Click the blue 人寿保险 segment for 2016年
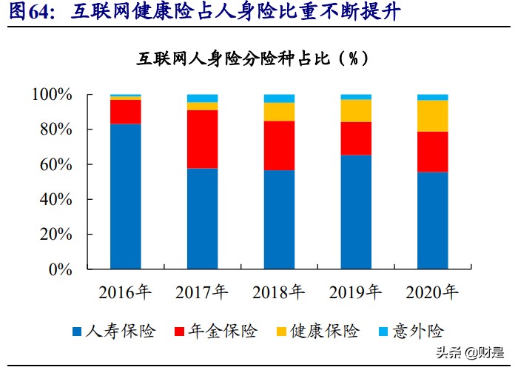click(x=125, y=196)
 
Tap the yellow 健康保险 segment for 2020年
click(x=433, y=115)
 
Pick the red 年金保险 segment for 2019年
click(x=356, y=138)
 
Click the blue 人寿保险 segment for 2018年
click(x=279, y=220)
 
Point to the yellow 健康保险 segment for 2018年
click(x=279, y=112)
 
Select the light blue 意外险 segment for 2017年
click(x=202, y=98)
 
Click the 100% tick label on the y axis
click(x=51, y=95)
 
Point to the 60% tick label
click(x=55, y=165)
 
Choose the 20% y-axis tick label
click(x=55, y=235)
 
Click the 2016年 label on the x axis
click(x=125, y=292)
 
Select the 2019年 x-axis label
click(x=356, y=292)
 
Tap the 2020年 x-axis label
click(x=433, y=292)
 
